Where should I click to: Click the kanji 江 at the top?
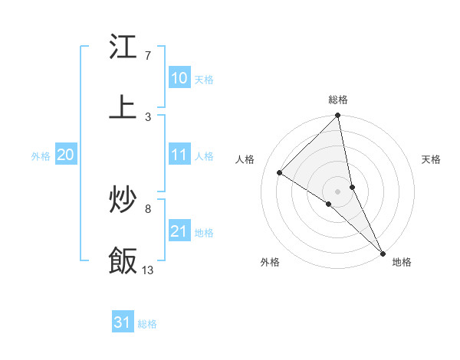click(x=123, y=47)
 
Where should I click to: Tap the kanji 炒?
click(x=123, y=200)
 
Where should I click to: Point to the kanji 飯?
click(x=123, y=260)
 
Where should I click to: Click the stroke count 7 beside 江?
click(x=147, y=56)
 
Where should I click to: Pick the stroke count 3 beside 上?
click(x=147, y=116)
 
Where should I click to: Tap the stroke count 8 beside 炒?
click(x=147, y=208)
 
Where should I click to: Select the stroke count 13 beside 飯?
click(x=148, y=270)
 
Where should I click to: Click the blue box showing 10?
click(x=179, y=78)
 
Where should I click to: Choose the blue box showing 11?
click(x=179, y=155)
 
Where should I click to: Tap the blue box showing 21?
click(x=179, y=231)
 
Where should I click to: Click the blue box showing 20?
click(x=65, y=155)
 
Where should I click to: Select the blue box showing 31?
click(x=123, y=322)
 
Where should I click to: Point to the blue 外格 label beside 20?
click(x=41, y=156)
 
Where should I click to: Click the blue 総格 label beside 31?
click(x=147, y=324)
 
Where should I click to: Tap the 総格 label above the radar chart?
click(x=338, y=100)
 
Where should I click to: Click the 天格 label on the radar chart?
click(x=432, y=160)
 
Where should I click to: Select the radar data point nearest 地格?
click(x=382, y=252)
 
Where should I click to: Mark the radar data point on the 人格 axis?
click(x=280, y=173)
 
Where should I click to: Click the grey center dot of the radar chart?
click(x=338, y=191)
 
